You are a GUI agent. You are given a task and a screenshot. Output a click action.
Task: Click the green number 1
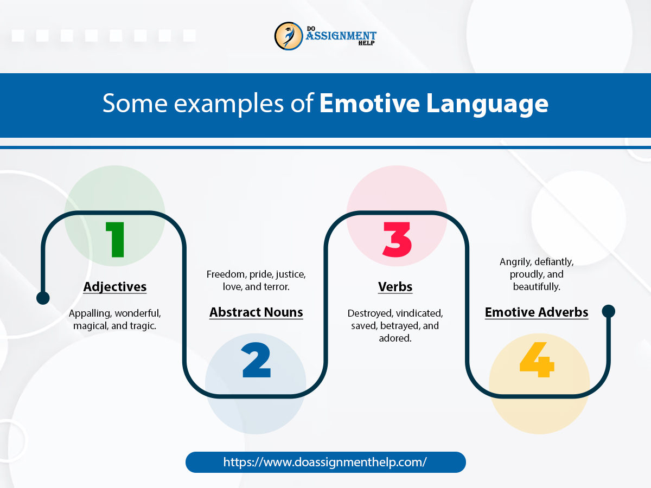click(x=115, y=240)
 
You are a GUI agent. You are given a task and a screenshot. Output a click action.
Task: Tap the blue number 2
click(x=256, y=359)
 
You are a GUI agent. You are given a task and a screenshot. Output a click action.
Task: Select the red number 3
click(x=397, y=240)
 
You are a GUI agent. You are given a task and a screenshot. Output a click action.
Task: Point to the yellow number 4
click(x=537, y=359)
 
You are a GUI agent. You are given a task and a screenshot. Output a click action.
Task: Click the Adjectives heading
click(x=115, y=287)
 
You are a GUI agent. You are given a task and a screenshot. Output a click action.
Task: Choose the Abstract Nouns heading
click(x=256, y=312)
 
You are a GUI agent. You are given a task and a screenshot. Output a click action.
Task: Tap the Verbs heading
click(x=395, y=287)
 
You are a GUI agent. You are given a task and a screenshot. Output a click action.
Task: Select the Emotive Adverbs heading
click(x=537, y=312)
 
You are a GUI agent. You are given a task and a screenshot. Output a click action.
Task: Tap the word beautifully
click(x=537, y=287)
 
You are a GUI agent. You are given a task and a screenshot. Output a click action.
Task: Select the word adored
click(x=395, y=338)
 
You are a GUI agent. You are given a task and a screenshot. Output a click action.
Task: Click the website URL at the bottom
click(x=325, y=462)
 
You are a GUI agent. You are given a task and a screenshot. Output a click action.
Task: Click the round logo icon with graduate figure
click(x=288, y=36)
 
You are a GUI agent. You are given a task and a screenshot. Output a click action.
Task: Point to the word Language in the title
click(x=487, y=104)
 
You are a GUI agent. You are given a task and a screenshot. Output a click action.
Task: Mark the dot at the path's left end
click(x=43, y=298)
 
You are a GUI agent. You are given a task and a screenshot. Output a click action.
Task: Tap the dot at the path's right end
click(x=608, y=311)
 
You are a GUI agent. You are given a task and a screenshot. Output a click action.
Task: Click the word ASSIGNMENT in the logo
click(x=341, y=36)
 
